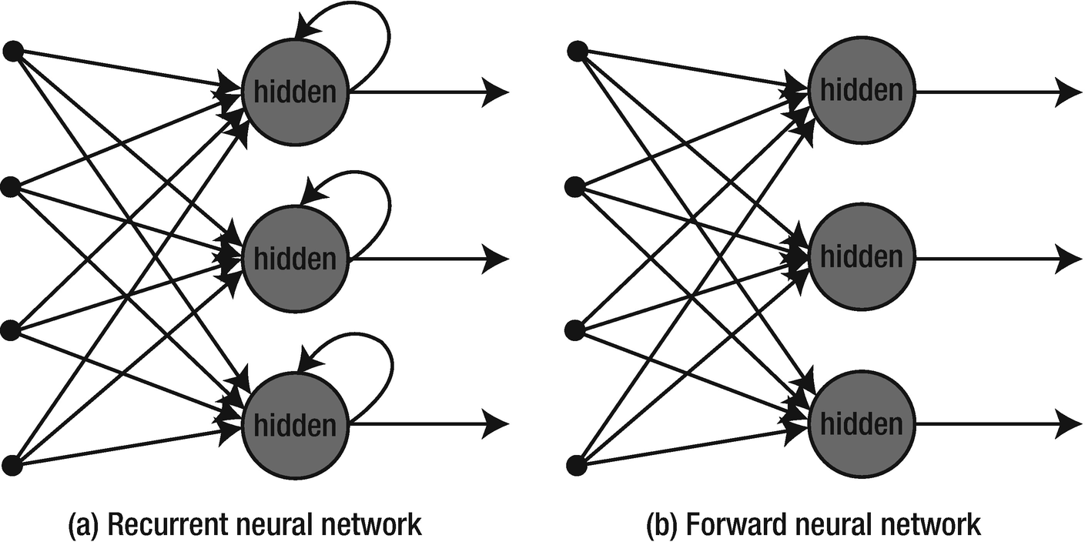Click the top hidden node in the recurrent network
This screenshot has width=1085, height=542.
pos(296,92)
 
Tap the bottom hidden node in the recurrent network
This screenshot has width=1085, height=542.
pos(296,424)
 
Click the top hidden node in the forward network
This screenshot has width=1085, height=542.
pos(861,92)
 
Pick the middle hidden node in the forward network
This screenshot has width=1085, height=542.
pos(861,257)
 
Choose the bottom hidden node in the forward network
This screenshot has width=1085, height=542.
pos(861,424)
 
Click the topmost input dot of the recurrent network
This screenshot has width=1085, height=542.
pos(12,52)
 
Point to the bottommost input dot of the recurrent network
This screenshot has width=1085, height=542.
pos(12,465)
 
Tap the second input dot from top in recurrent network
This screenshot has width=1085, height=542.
pos(12,187)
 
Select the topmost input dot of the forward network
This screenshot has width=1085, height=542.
pos(577,52)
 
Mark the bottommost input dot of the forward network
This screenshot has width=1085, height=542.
pos(577,465)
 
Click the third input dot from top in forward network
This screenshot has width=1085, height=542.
pos(577,331)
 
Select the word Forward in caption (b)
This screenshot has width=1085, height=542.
pos(728,525)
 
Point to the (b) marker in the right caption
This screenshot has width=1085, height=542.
pos(660,525)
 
